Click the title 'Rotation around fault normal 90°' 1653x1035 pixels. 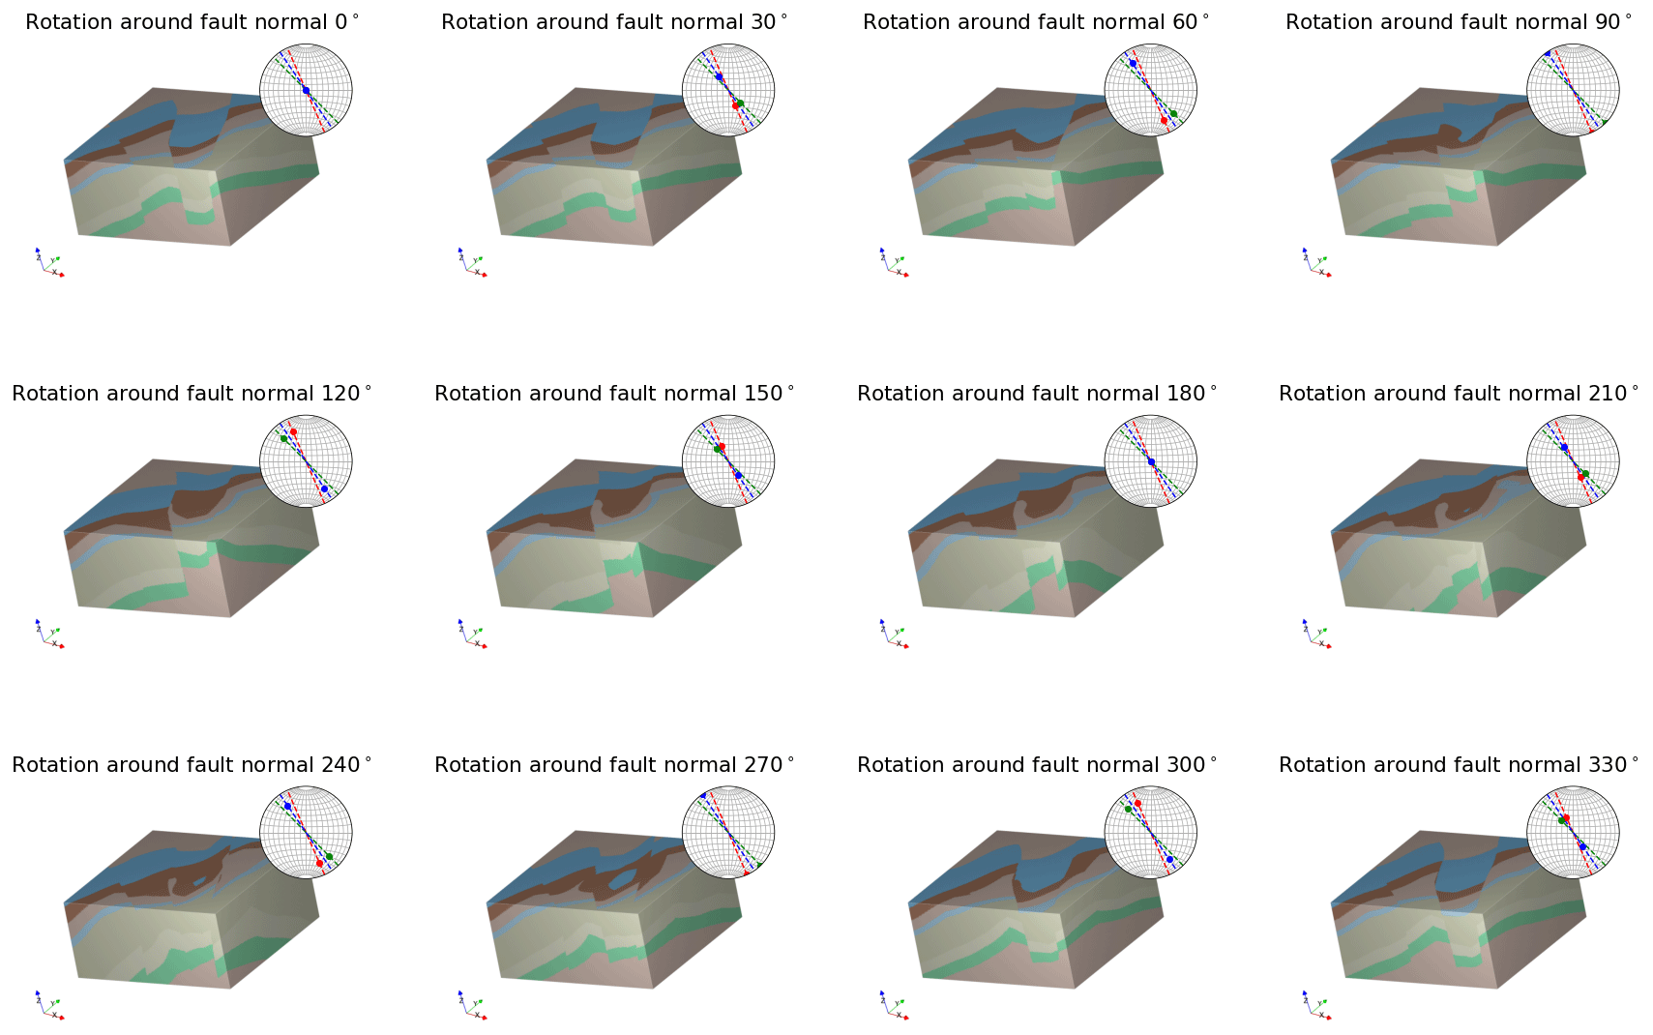1459,22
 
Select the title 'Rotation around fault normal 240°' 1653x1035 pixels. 192,765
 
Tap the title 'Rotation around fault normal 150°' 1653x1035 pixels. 614,394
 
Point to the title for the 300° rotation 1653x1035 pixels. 1037,765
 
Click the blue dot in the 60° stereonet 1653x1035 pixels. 1133,63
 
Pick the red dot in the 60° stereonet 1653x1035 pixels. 1164,121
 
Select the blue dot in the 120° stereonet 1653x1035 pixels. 324,488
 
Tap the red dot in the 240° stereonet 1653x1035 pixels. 319,863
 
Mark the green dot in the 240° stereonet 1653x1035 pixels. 330,856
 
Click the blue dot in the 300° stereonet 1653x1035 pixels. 1169,859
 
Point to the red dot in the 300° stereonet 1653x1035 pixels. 1137,803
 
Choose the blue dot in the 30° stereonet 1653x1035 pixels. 719,76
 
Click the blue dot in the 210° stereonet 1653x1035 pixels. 1564,447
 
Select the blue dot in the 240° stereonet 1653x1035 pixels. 287,806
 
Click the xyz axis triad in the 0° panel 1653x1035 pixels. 49,263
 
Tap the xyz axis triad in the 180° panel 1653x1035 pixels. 894,635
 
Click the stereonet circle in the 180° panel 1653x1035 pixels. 1151,461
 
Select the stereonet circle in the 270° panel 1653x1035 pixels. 728,833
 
